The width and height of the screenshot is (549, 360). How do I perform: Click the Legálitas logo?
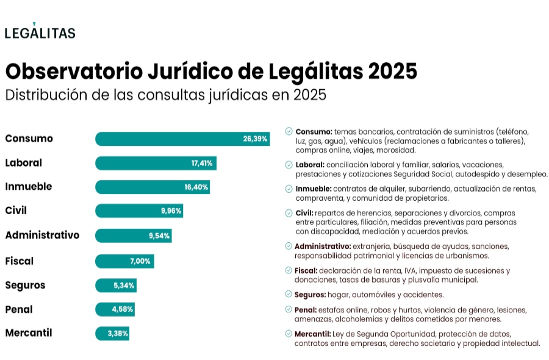(40, 32)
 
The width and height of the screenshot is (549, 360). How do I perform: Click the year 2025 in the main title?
(393, 71)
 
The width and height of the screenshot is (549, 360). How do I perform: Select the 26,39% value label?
(255, 139)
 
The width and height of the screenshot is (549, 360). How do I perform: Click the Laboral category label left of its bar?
(23, 163)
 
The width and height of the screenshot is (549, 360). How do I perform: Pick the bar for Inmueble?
(152, 187)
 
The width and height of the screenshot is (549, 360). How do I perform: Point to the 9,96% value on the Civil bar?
(171, 211)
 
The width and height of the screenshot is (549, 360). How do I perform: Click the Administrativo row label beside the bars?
(42, 235)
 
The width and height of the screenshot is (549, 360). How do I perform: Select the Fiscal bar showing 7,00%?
(124, 261)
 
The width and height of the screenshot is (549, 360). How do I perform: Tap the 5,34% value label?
(124, 286)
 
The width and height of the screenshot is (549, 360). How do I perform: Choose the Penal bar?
(115, 309)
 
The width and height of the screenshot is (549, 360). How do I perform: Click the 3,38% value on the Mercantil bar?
(117, 334)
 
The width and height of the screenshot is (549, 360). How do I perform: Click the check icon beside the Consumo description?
(289, 131)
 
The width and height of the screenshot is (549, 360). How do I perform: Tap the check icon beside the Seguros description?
(289, 294)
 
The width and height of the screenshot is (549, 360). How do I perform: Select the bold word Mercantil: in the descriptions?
(313, 334)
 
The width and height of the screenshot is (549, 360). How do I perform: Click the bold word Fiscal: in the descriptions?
(306, 270)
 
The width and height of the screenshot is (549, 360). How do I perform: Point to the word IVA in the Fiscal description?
(407, 270)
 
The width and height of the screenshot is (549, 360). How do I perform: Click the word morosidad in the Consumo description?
(396, 149)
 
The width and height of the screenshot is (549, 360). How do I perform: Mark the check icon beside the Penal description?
(289, 310)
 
